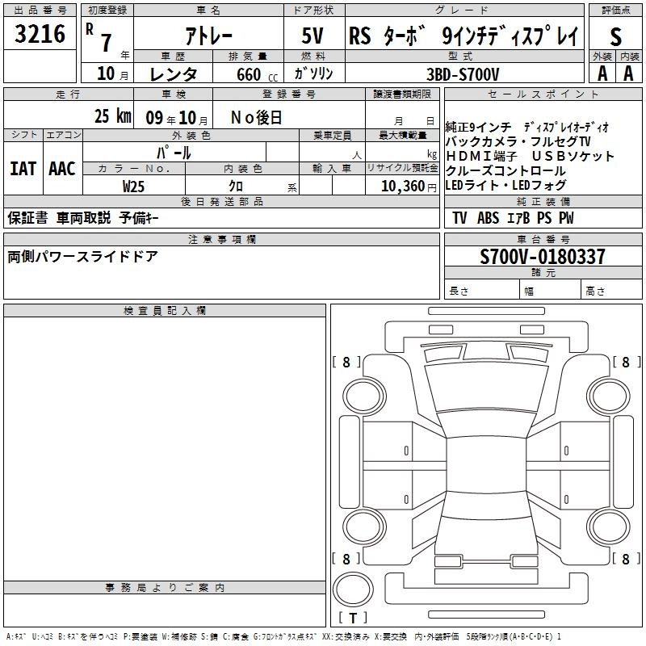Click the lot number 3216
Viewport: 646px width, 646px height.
40,33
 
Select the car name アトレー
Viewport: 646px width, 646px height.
209,36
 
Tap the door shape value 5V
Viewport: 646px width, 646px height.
313,36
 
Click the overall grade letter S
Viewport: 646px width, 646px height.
615,36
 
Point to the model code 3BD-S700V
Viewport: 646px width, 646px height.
463,74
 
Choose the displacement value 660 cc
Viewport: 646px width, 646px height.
257,74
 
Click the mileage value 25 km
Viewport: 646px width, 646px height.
112,115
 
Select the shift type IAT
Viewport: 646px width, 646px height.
23,169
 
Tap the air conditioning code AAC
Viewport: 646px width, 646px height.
62,169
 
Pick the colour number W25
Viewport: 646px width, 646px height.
133,187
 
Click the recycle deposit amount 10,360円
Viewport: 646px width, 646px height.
409,187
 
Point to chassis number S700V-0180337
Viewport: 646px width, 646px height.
543,256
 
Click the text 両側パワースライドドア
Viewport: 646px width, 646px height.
82,256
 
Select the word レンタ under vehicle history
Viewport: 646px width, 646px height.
174,74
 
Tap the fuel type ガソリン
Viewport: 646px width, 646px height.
313,73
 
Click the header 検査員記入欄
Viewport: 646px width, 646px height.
165,311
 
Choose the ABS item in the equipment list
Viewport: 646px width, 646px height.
488,217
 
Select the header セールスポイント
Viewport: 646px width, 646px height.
543,94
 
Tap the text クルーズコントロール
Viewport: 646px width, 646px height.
505,170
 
